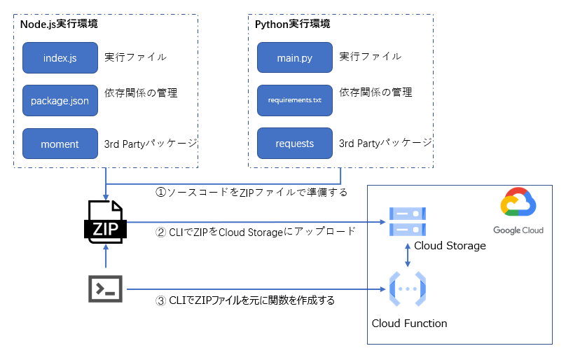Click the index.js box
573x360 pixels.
60,57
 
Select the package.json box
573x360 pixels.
60,100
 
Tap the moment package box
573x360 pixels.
60,144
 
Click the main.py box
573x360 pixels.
294,57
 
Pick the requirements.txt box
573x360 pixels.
294,100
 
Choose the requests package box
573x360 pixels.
294,144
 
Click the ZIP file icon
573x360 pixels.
105,223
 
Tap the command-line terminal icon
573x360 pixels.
106,289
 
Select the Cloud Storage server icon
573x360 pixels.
407,223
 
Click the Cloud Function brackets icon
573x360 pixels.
407,289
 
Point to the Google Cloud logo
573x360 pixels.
518,212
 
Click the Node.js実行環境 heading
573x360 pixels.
59,24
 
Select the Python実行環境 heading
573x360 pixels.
293,24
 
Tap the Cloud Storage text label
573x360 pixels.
450,246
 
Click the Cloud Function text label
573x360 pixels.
409,323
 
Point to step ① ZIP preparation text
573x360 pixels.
251,191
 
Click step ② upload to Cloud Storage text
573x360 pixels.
255,232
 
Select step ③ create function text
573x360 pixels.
245,300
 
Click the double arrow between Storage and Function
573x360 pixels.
408,256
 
